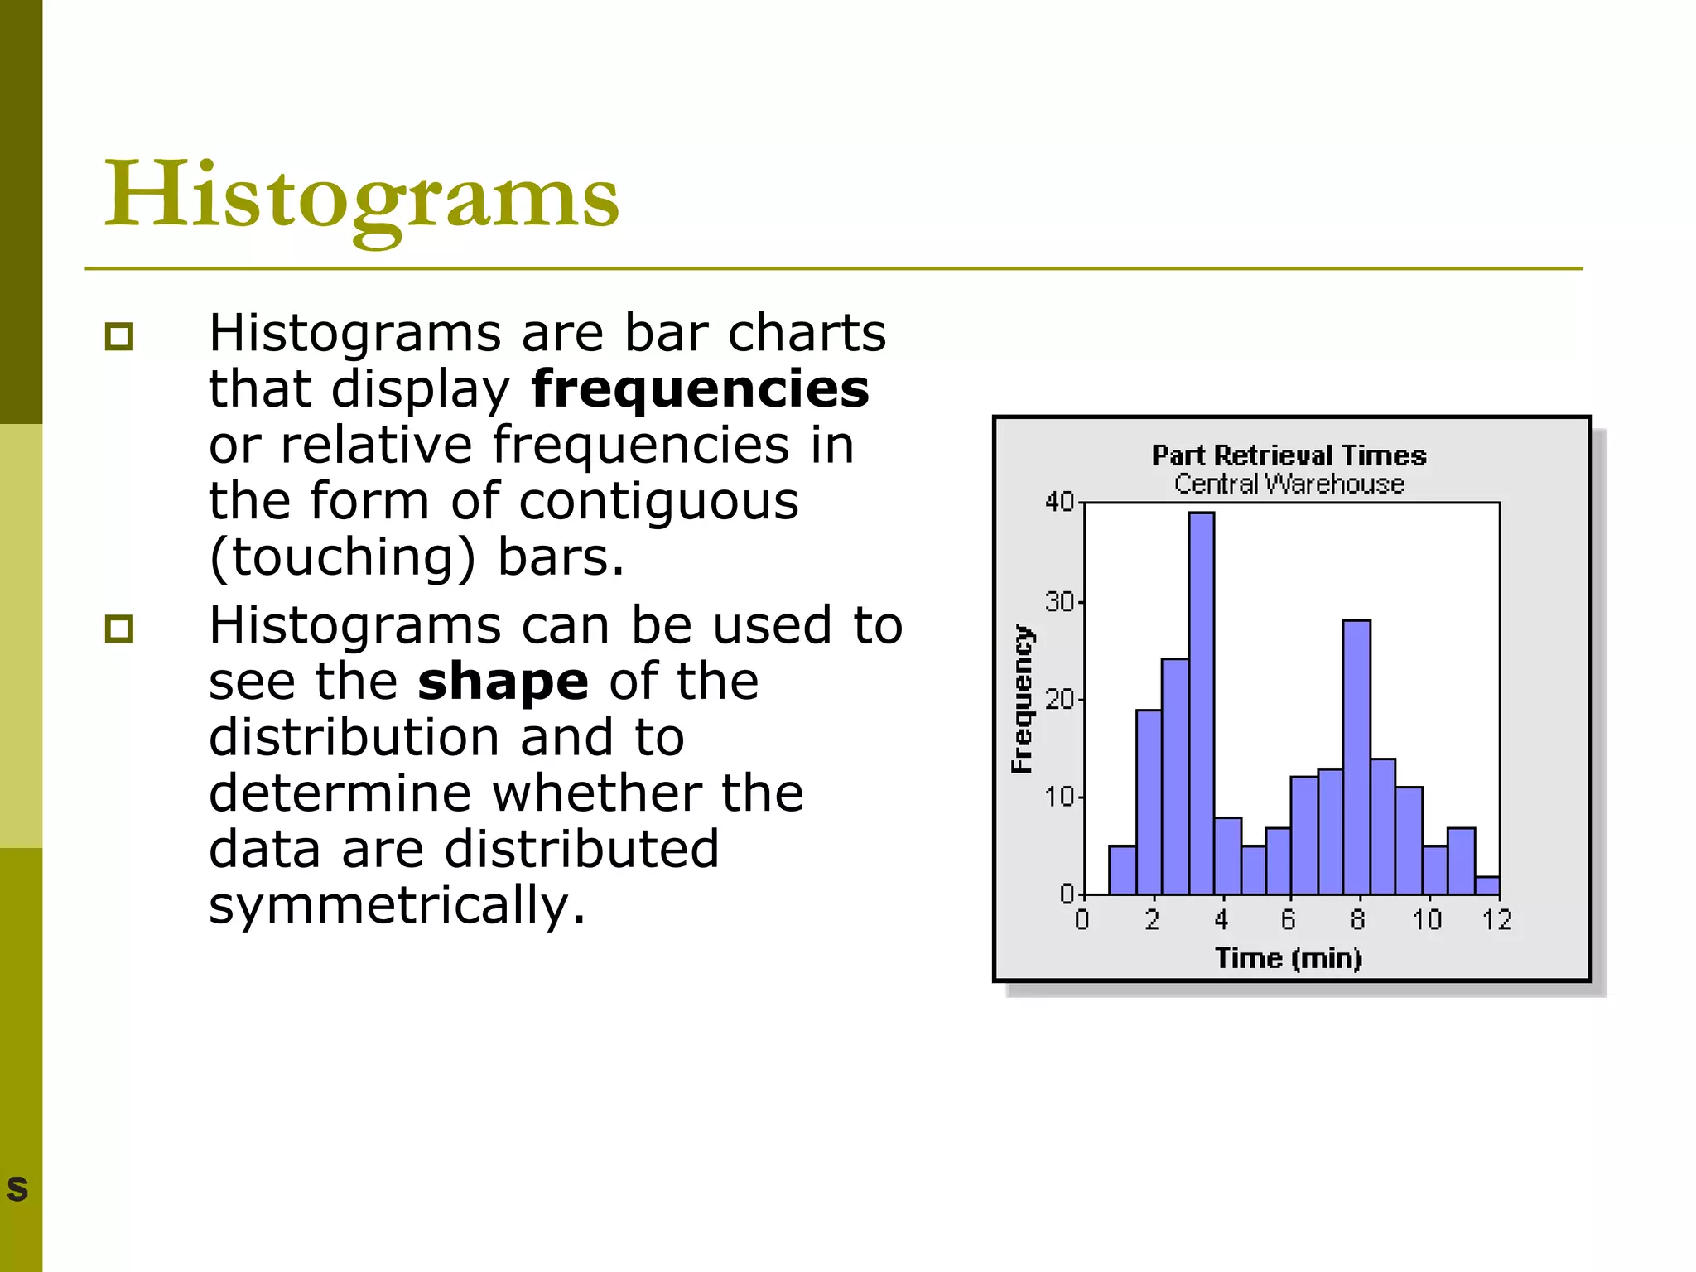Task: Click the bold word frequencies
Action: pos(700,389)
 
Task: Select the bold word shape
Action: pos(503,682)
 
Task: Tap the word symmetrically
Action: pos(397,904)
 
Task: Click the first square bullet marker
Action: pos(119,337)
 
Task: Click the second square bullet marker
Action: pos(119,629)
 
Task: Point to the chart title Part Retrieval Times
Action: pos(1289,455)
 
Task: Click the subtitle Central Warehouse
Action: pos(1289,484)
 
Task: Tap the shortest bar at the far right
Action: pos(1487,885)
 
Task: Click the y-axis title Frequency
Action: pos(1023,699)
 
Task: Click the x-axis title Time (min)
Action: pos(1289,958)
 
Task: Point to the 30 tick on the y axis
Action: pos(1059,601)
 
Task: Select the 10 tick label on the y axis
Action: pos(1059,797)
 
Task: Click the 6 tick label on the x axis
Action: pos(1289,920)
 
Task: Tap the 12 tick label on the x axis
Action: pos(1497,920)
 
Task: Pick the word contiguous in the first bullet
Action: pos(658,501)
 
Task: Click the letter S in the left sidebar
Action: pos(17,1189)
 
